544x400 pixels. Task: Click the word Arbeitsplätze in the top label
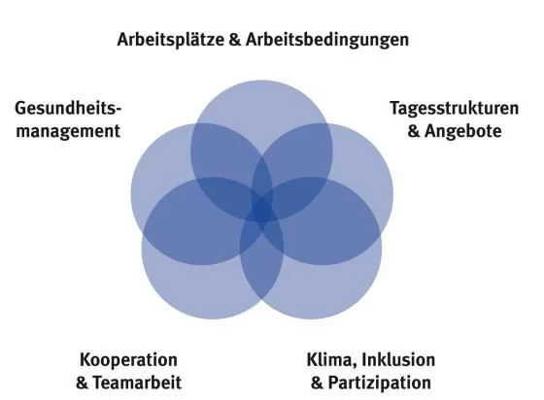tap(171, 40)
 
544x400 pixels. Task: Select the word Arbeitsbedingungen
tap(327, 40)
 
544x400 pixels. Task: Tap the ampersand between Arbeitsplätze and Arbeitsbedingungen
tap(235, 40)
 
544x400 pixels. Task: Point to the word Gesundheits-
tap(68, 108)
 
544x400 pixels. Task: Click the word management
tap(68, 132)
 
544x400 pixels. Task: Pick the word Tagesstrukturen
tap(455, 108)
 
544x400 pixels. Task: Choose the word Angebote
tap(463, 132)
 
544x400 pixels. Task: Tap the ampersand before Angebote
tap(414, 131)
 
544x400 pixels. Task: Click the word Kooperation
tap(128, 360)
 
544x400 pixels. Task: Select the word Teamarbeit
tap(137, 383)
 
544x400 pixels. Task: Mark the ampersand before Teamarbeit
tap(82, 383)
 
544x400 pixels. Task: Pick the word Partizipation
tap(380, 383)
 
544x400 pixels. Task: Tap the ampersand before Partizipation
tap(317, 383)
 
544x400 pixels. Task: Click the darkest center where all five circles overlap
tap(262, 210)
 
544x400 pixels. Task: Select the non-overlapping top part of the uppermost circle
tap(261, 104)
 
